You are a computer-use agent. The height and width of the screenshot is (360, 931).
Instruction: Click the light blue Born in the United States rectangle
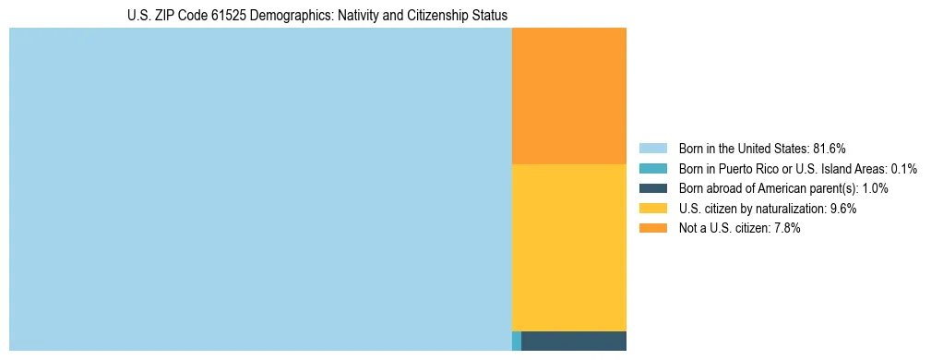coord(260,189)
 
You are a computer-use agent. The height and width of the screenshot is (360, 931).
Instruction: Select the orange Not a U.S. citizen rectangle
coord(568,96)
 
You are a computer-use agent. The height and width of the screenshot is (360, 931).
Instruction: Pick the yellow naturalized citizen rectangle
coord(568,247)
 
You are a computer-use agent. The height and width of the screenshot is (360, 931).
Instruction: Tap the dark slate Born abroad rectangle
coord(574,341)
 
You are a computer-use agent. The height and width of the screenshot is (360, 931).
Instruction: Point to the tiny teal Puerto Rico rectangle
coord(517,341)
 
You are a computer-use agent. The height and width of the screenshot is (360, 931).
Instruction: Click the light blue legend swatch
coord(652,148)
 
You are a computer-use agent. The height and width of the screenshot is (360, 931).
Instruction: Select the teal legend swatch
coord(652,168)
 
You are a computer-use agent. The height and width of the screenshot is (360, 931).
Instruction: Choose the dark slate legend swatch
coord(652,188)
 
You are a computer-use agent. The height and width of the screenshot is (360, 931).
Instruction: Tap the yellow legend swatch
coord(652,209)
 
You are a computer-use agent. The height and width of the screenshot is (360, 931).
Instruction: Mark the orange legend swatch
coord(652,229)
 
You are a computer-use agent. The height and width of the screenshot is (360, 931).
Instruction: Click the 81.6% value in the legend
coord(830,148)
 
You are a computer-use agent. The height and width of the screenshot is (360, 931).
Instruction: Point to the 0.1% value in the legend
coord(903,168)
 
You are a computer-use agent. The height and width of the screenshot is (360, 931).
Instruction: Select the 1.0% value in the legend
coord(876,188)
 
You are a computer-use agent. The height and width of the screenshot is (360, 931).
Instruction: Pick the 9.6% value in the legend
coord(843,209)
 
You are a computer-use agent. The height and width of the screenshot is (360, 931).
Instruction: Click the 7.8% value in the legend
coord(786,229)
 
